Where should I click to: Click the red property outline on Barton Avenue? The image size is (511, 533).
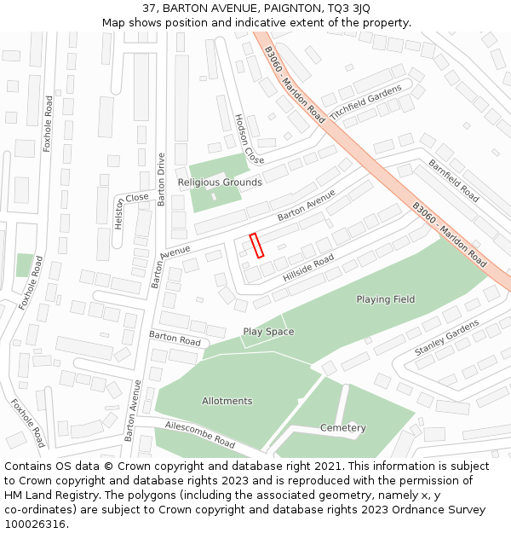click(x=256, y=245)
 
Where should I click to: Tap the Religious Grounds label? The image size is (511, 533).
click(x=220, y=182)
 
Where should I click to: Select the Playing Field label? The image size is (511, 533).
click(x=386, y=299)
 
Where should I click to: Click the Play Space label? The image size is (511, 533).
click(x=268, y=332)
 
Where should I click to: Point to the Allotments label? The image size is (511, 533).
click(x=227, y=401)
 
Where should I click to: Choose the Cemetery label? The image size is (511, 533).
click(x=343, y=427)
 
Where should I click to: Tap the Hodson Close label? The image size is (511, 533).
click(x=250, y=139)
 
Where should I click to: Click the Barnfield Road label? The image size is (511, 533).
click(x=453, y=180)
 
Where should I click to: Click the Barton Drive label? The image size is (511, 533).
click(x=161, y=179)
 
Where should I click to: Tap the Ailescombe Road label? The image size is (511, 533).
click(x=200, y=433)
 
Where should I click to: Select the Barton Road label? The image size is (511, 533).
click(x=175, y=341)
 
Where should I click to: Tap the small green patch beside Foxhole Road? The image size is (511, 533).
click(x=25, y=265)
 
